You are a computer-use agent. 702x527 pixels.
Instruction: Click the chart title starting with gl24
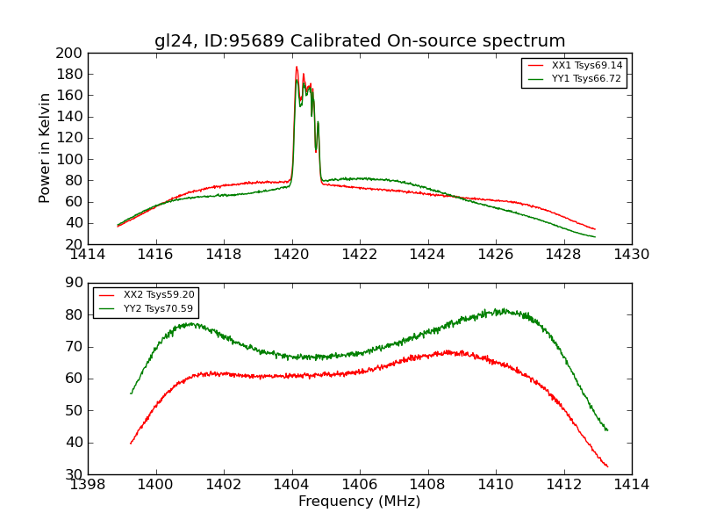coord(360,41)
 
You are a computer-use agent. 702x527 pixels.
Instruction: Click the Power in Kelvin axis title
coord(46,148)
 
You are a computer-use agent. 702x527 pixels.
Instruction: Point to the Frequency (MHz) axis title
coord(360,502)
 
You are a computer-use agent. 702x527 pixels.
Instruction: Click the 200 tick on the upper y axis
coord(70,53)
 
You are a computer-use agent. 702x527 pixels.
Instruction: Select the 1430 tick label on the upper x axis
coord(632,255)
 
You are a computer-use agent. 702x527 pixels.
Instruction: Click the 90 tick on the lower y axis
coord(75,283)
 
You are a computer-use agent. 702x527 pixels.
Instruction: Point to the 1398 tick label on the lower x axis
coord(88,484)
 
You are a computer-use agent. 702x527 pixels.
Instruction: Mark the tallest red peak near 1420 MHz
coord(297,67)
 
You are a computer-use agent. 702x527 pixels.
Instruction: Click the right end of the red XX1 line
coord(595,229)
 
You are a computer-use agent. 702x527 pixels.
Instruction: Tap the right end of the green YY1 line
coord(595,237)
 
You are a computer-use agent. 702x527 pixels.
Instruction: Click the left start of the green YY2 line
coord(131,393)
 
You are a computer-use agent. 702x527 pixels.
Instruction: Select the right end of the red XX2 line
coord(607,466)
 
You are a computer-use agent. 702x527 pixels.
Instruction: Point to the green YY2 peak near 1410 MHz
coord(500,309)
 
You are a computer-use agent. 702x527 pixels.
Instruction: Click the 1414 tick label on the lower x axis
coord(632,484)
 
